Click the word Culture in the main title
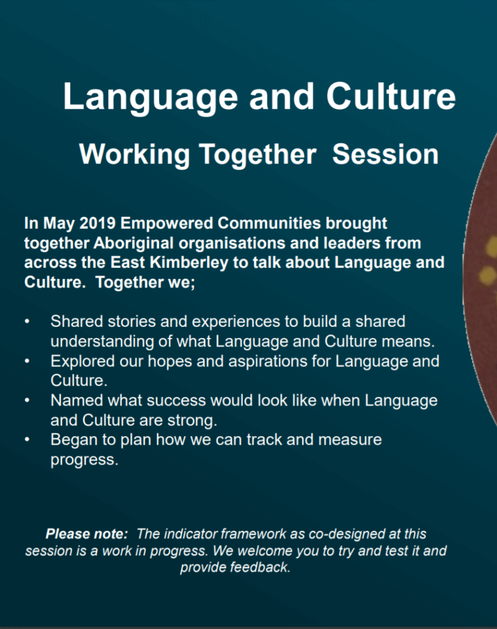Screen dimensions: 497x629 coord(391,96)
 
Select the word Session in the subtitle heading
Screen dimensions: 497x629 coord(385,154)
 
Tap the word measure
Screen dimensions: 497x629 coord(350,440)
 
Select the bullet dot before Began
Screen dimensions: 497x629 coord(27,440)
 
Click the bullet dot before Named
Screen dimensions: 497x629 coord(27,400)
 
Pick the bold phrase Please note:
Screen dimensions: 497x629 coord(87,534)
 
